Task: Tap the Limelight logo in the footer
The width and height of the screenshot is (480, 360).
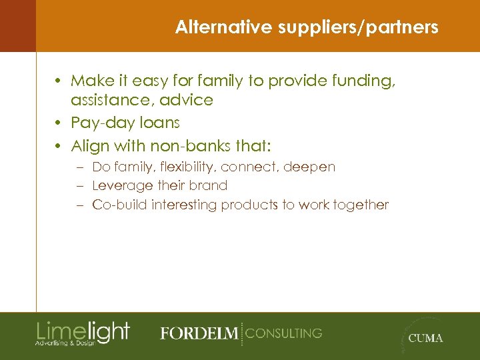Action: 83,333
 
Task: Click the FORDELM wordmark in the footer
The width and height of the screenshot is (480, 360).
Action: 199,333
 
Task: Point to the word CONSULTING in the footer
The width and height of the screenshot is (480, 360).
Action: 284,333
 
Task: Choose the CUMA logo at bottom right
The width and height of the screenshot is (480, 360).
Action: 425,337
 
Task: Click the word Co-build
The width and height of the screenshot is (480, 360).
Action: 120,205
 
